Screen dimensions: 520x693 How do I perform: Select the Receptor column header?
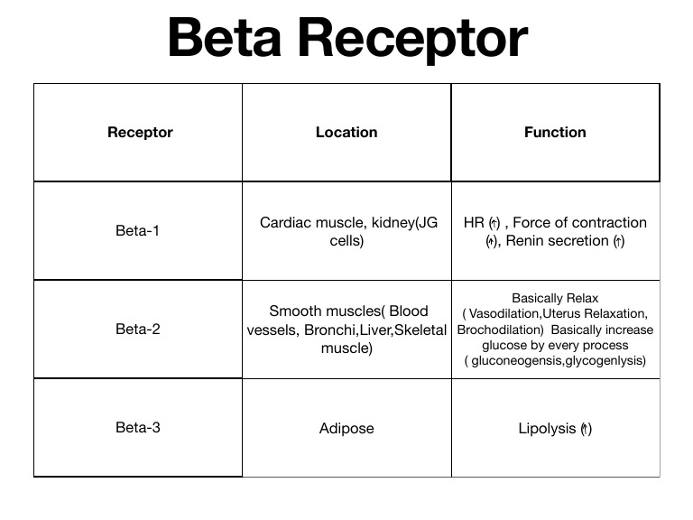pyautogui.click(x=140, y=132)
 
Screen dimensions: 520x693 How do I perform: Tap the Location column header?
pyautogui.click(x=346, y=132)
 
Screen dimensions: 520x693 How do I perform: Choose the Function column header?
pyautogui.click(x=555, y=132)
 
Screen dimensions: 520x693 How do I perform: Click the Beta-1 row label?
pyautogui.click(x=138, y=230)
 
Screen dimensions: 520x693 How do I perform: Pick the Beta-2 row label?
pyautogui.click(x=138, y=329)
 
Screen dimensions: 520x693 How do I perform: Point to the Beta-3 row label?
pyautogui.click(x=138, y=427)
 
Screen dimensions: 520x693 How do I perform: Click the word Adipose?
pyautogui.click(x=346, y=428)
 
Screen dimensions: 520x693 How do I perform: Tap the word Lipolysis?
pyautogui.click(x=546, y=428)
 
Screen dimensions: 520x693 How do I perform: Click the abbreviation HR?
pyautogui.click(x=474, y=222)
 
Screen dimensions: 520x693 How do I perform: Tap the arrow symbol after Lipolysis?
pyautogui.click(x=586, y=428)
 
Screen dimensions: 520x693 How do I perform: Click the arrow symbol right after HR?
pyautogui.click(x=494, y=222)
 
